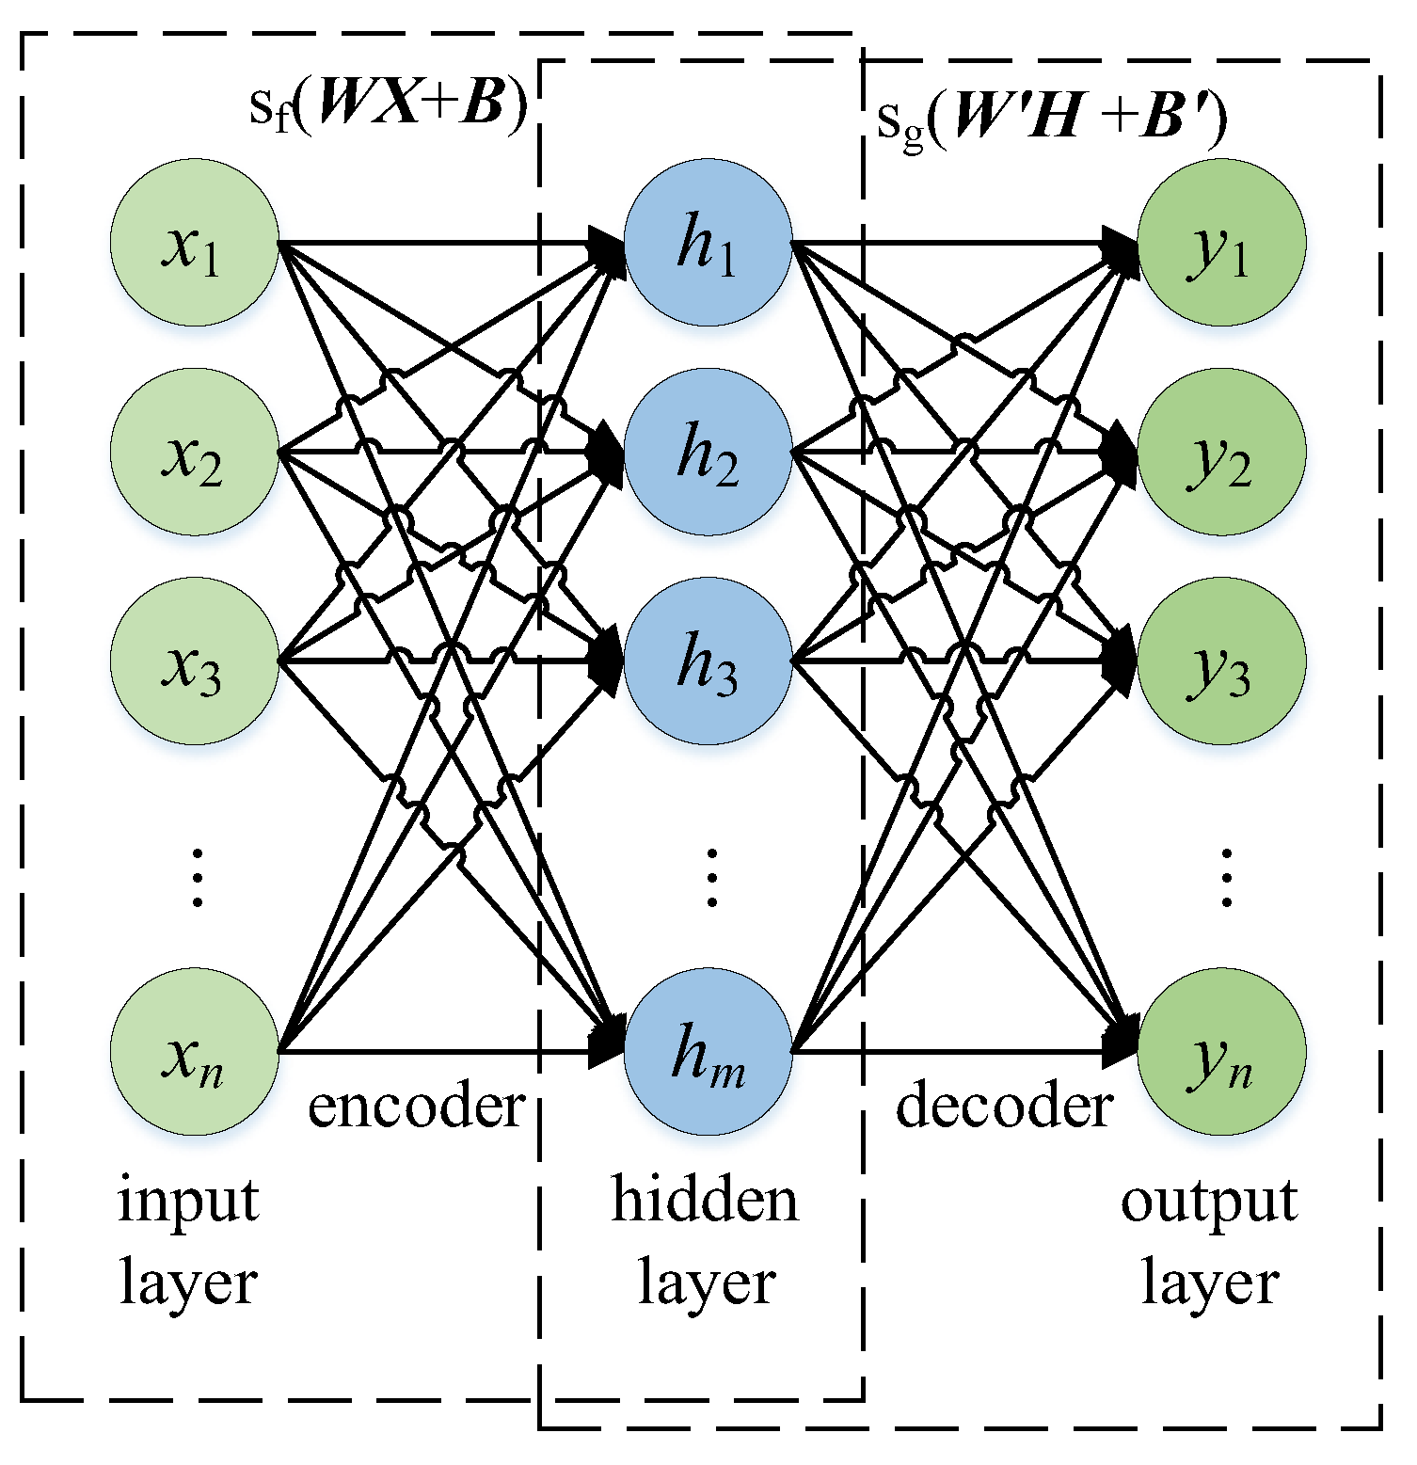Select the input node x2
194,453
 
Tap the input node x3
194,661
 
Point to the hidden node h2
708,453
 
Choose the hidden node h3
708,661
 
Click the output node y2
1221,453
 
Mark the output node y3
1221,661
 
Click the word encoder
416,1107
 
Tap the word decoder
1004,1107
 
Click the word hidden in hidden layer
705,1201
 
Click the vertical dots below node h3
711,877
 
